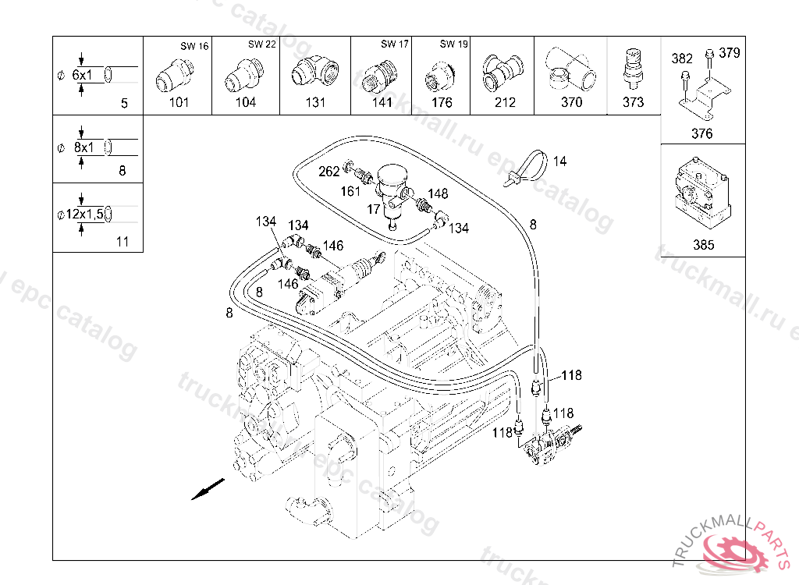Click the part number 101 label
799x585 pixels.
(179, 102)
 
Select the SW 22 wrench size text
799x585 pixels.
(262, 44)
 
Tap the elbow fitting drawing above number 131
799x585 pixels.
(314, 73)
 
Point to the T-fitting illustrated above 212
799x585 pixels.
(502, 73)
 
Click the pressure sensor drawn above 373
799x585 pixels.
(632, 70)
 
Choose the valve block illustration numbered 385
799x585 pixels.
(703, 193)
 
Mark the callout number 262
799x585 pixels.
(328, 172)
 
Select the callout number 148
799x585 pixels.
(438, 193)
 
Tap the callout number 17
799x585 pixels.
(374, 209)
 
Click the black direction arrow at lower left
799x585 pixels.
(208, 489)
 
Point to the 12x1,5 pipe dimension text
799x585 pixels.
(84, 214)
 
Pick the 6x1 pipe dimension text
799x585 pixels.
(82, 76)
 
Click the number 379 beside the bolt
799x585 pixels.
(730, 53)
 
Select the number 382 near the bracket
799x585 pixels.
(682, 58)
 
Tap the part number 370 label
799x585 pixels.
(571, 102)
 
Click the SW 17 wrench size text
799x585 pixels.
(395, 44)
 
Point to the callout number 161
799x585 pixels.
(350, 192)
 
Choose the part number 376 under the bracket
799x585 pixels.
(701, 133)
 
